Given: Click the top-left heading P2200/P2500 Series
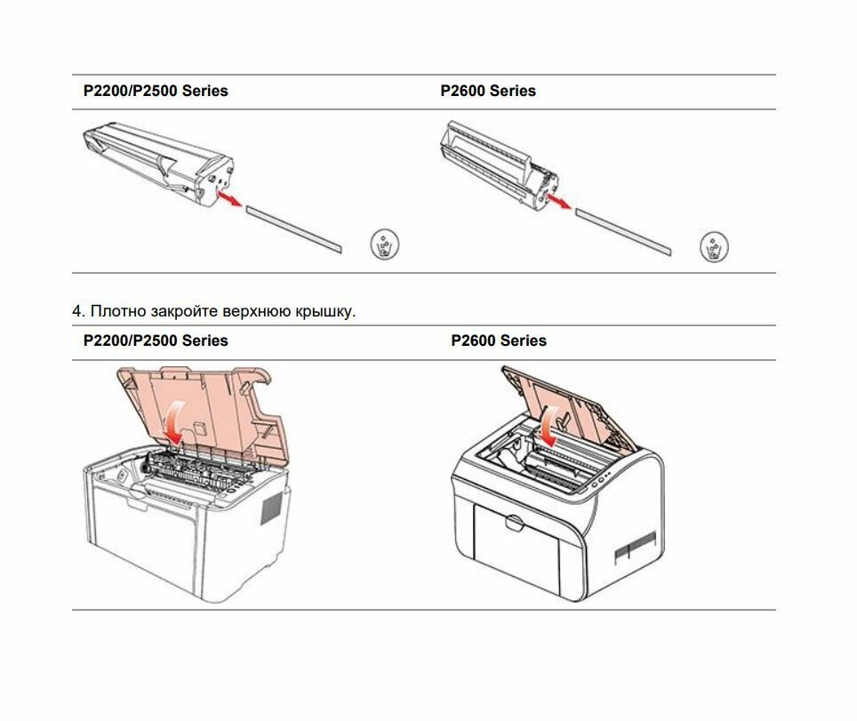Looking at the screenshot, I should coord(156,91).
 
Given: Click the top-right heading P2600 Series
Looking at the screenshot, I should coord(488,91).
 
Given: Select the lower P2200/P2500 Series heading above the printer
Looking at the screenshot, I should coord(156,340).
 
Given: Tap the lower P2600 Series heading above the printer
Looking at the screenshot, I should coord(499,340).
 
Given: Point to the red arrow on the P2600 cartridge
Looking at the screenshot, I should coord(559,203).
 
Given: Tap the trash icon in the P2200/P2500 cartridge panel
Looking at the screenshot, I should coord(384,244).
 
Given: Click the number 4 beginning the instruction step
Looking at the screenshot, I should coord(76,312).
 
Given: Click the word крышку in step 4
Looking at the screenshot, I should coord(326,312).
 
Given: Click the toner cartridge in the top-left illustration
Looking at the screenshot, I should coord(160,161).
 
